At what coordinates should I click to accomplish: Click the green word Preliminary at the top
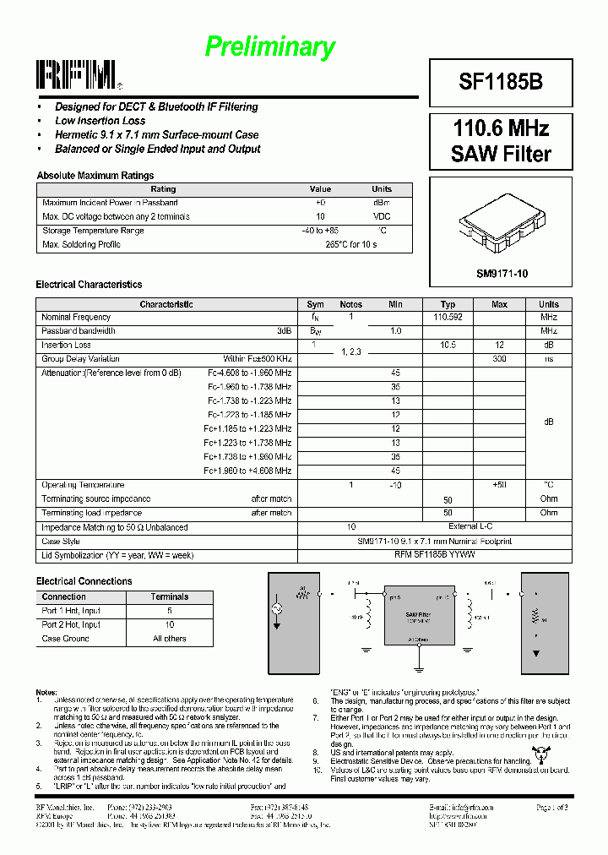tap(270, 47)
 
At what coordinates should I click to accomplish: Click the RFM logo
tap(76, 75)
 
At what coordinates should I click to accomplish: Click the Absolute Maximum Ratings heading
tap(95, 176)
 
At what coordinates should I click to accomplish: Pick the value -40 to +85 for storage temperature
tap(320, 231)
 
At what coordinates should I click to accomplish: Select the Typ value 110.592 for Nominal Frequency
tap(448, 317)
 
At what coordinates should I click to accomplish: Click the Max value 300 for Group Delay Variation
tap(499, 359)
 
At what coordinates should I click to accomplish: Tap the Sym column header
tap(315, 304)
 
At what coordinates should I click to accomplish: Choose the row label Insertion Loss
tap(66, 345)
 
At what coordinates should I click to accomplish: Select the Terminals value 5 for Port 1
tap(170, 610)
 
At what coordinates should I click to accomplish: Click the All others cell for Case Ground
tap(170, 639)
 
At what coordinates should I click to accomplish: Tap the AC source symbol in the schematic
tap(276, 609)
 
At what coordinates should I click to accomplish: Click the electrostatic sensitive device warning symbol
tap(538, 755)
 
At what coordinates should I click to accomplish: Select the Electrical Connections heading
tap(84, 581)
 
